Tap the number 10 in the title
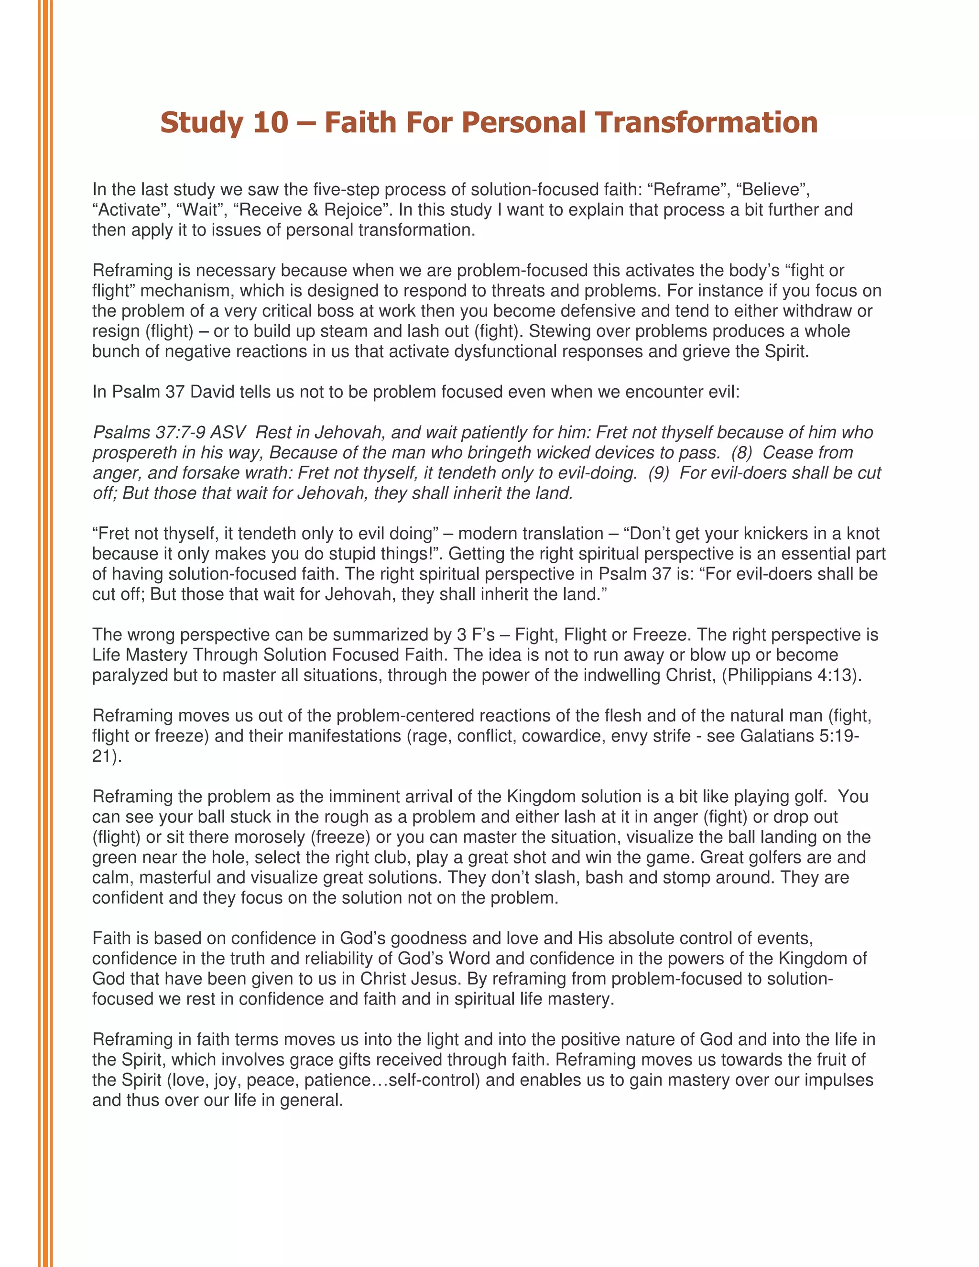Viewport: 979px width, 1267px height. tap(270, 123)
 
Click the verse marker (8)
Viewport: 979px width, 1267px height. tap(740, 453)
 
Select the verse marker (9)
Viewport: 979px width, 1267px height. tap(658, 473)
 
